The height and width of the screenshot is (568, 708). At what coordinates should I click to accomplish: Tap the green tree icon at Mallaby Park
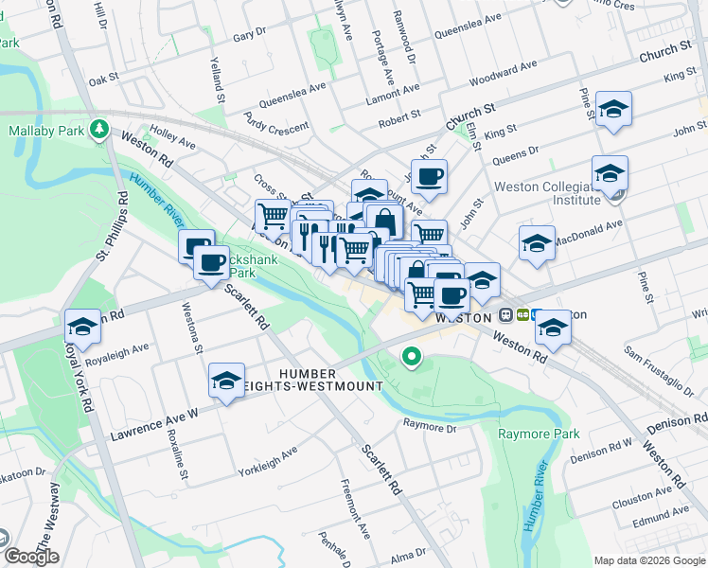click(98, 127)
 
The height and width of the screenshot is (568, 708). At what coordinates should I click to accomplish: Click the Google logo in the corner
click(30, 557)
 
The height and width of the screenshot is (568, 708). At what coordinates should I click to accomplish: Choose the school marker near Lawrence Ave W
click(227, 382)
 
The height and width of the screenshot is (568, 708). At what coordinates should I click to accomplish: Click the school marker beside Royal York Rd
click(82, 328)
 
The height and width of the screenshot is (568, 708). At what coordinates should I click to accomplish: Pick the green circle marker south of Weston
click(411, 357)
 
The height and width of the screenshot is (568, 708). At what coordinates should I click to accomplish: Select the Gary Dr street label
click(250, 35)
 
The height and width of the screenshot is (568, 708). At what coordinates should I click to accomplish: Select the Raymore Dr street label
click(430, 426)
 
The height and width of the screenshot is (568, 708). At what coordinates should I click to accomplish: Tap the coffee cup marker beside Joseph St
click(428, 175)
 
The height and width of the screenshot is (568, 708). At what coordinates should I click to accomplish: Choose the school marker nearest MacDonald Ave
click(537, 243)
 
